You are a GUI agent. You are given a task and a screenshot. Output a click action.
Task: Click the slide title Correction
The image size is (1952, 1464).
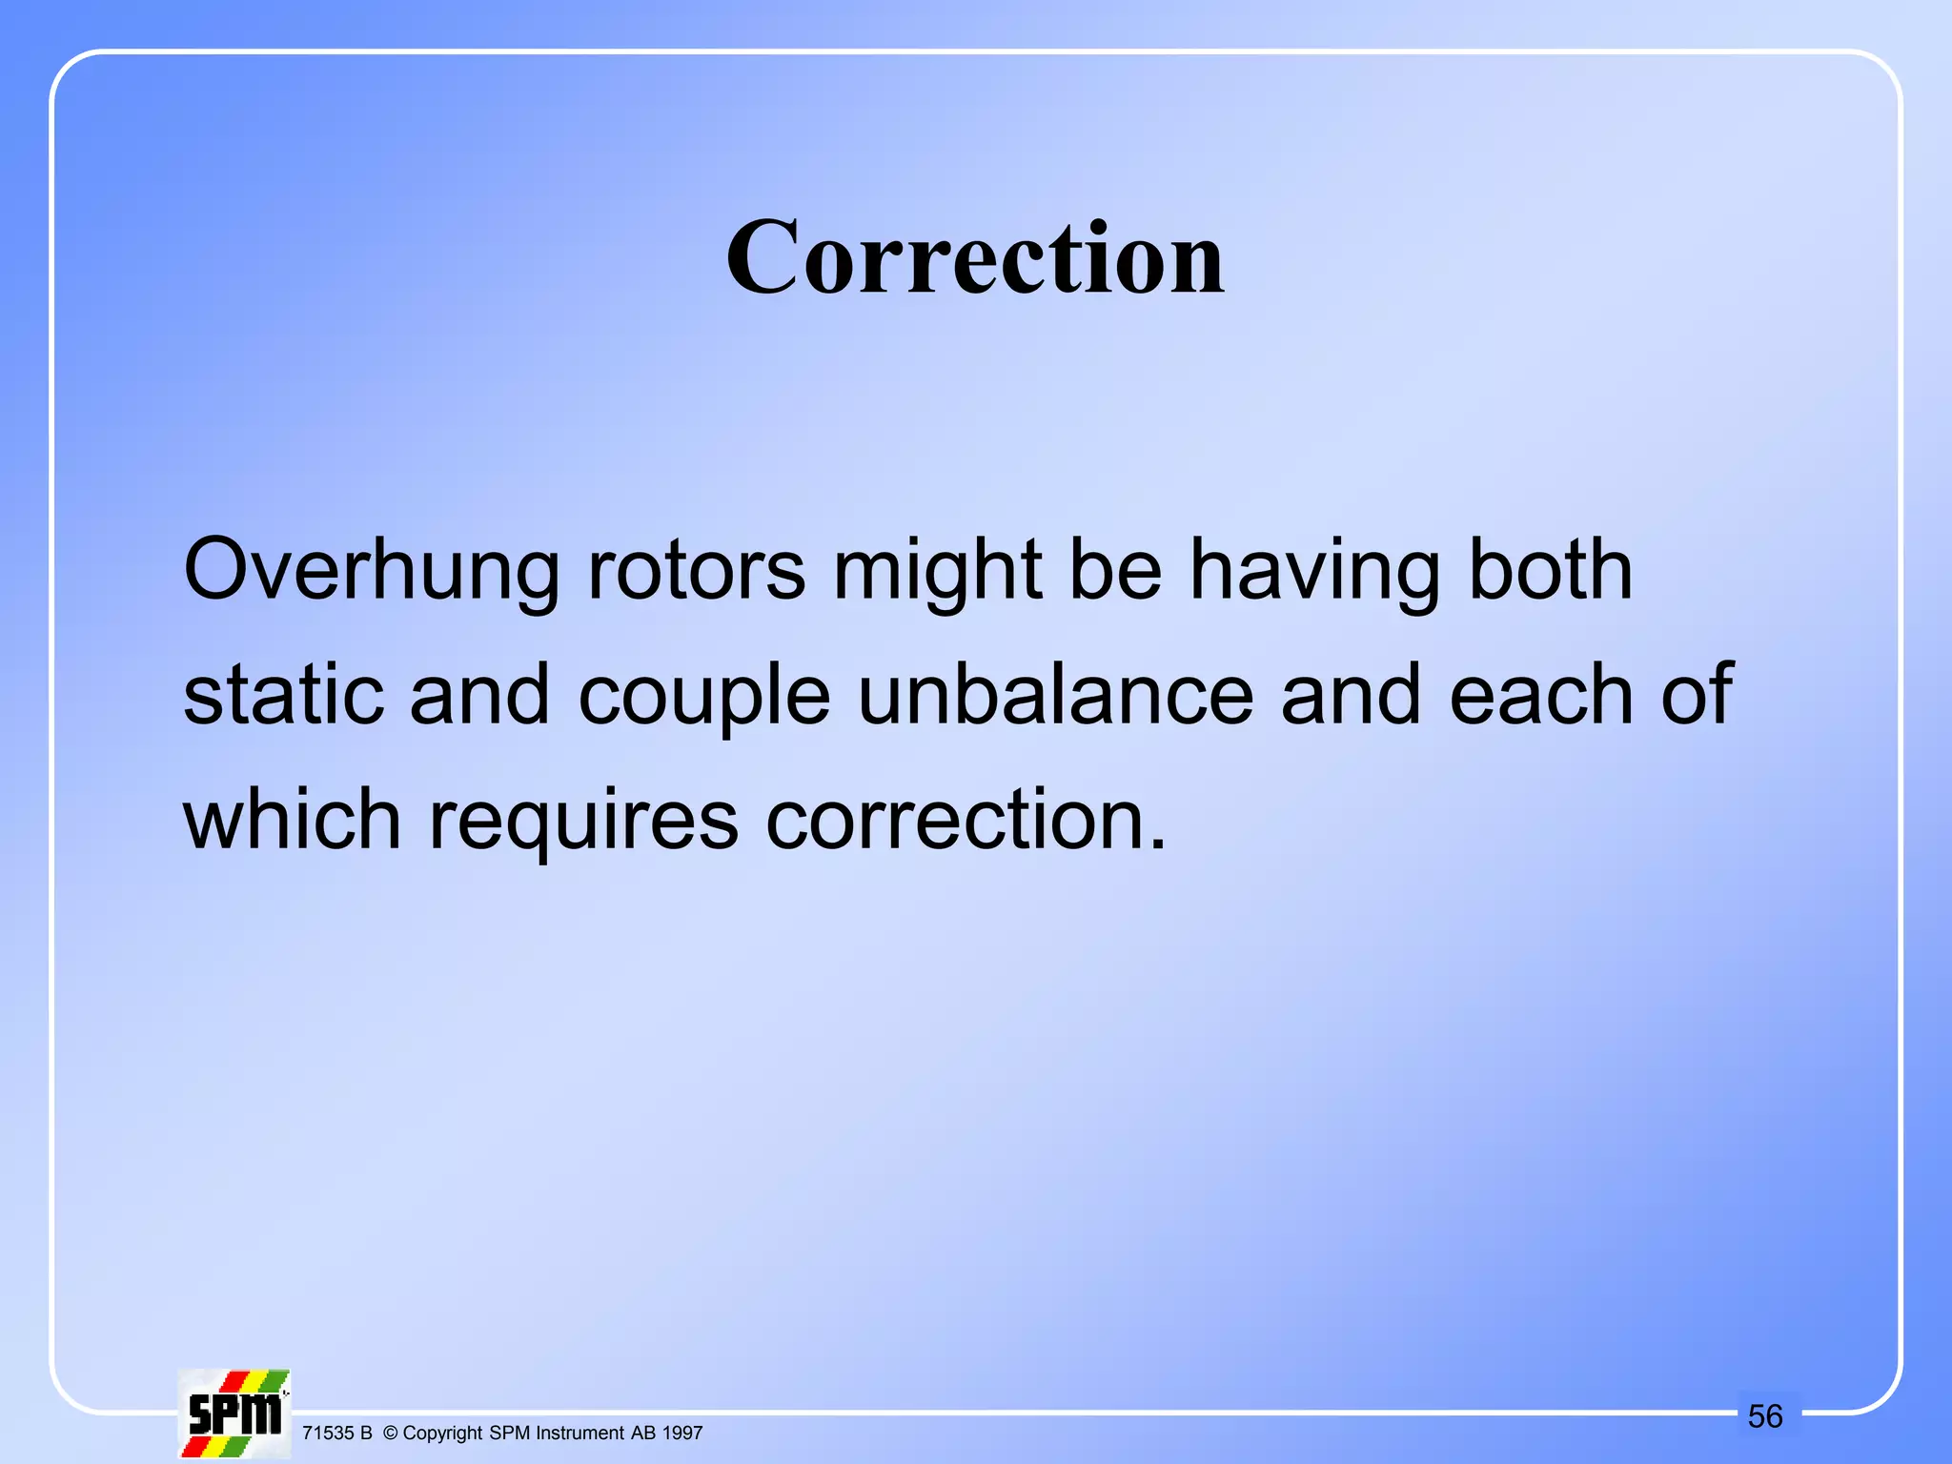click(x=975, y=257)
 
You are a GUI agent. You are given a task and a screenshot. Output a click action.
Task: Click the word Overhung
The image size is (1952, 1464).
click(x=371, y=570)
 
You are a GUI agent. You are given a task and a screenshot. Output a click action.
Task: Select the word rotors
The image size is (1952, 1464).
click(x=697, y=570)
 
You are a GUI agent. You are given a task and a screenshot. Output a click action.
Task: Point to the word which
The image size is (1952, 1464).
click(x=292, y=819)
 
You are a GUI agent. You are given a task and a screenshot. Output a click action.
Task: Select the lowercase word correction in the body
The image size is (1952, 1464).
click(x=966, y=821)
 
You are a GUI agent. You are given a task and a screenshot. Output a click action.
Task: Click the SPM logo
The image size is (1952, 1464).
click(x=234, y=1413)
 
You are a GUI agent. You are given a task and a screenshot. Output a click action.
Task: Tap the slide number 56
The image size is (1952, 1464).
click(x=1765, y=1416)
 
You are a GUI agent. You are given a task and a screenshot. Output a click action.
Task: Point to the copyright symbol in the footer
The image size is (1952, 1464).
click(x=390, y=1433)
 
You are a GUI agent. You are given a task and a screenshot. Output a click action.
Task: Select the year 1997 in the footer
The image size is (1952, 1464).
click(x=682, y=1433)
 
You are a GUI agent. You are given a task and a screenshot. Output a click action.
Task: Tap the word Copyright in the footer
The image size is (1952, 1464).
click(x=443, y=1433)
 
